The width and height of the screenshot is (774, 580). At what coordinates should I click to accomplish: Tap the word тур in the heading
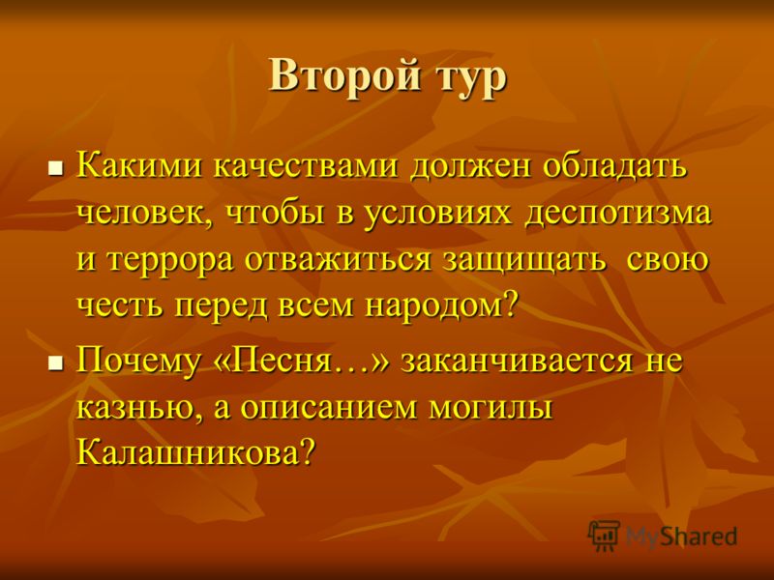471,79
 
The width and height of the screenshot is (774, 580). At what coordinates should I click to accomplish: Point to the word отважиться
338,260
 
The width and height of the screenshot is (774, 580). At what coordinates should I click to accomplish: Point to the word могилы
491,408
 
